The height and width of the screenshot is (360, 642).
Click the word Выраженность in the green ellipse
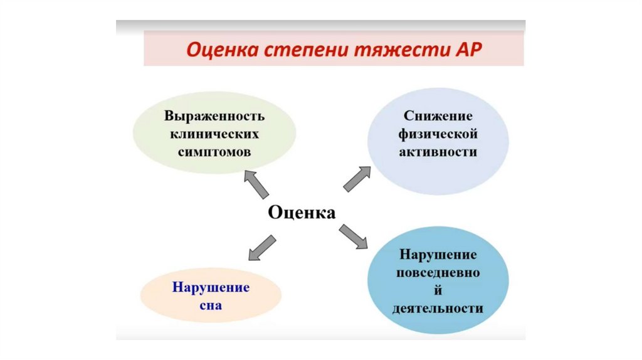click(214, 117)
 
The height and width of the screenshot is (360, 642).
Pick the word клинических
click(214, 134)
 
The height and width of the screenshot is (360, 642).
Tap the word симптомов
click(214, 152)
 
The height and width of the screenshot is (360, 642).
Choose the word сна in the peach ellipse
click(211, 307)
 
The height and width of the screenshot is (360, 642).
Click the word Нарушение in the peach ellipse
click(211, 288)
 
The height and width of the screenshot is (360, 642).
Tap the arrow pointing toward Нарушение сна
click(261, 246)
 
